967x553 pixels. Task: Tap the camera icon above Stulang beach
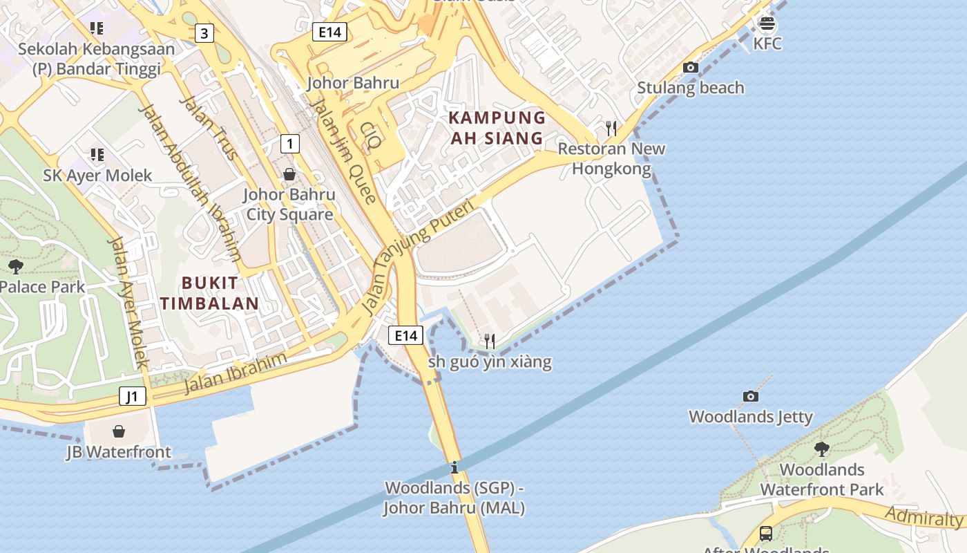click(x=690, y=67)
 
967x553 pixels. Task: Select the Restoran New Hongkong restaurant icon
click(x=611, y=128)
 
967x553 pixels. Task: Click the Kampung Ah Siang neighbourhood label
click(x=497, y=127)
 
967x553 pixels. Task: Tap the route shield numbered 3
click(x=204, y=32)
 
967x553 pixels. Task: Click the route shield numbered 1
click(x=290, y=144)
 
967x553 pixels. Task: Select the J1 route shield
click(x=133, y=396)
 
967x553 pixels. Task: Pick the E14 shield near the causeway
click(x=405, y=336)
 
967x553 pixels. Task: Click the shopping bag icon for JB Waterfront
click(x=119, y=432)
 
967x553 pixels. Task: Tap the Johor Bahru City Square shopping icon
click(x=289, y=174)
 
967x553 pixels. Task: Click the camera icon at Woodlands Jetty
click(x=751, y=396)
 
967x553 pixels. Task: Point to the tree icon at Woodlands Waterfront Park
click(x=821, y=449)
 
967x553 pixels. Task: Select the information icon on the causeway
click(x=454, y=467)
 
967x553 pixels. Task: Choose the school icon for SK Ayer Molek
click(x=97, y=155)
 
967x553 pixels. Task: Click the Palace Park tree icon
click(x=15, y=266)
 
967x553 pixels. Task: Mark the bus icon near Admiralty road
click(x=766, y=533)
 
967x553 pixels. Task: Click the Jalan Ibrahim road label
click(x=235, y=373)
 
